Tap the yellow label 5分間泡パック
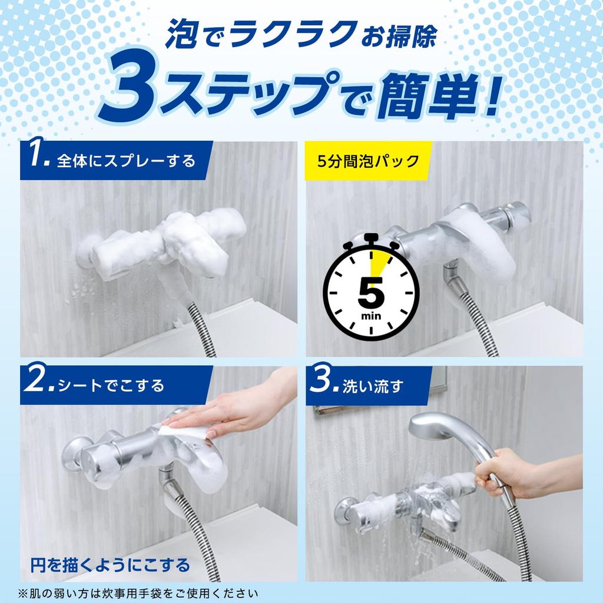tap(367, 160)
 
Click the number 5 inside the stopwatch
tap(371, 292)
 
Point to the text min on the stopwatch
tap(372, 317)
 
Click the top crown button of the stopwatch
tap(371, 238)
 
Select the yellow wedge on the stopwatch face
tap(382, 261)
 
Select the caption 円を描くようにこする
tap(110, 566)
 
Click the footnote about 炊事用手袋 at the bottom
tap(138, 592)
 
